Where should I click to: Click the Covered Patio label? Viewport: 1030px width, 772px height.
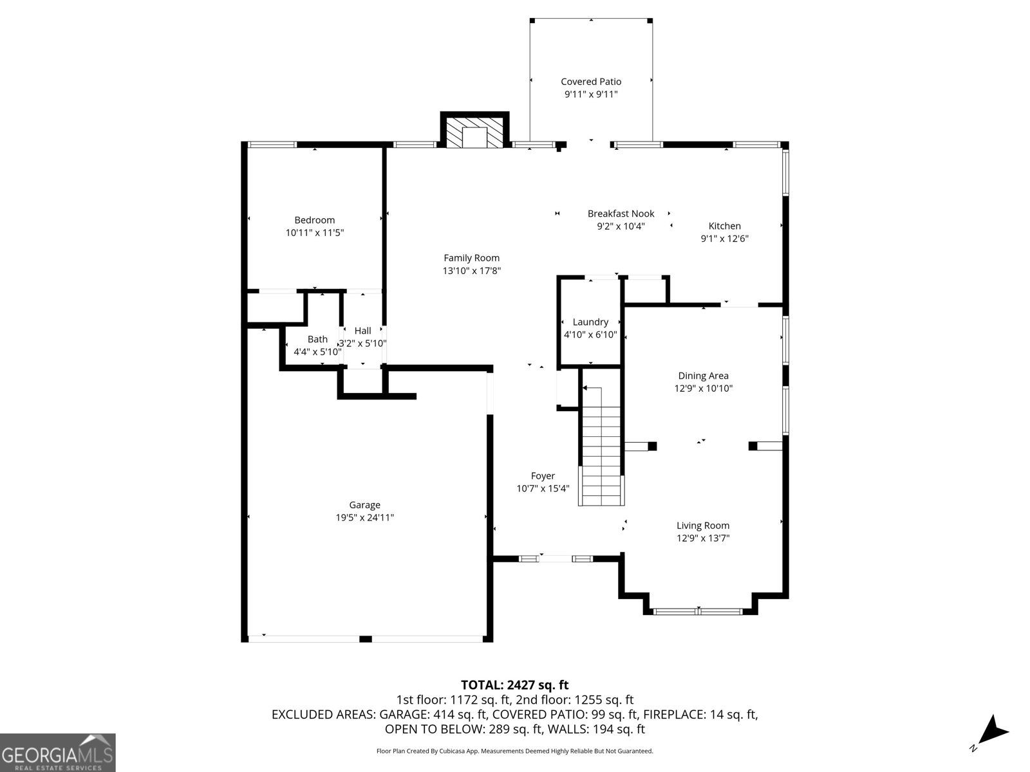[591, 82]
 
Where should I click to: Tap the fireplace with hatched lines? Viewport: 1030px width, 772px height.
[475, 131]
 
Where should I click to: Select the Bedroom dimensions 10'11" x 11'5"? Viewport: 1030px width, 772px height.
[315, 233]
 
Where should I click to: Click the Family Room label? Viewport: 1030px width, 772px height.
[471, 258]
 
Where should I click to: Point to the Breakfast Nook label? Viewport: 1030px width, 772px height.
[621, 214]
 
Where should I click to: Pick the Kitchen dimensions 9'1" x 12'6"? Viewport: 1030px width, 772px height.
[724, 239]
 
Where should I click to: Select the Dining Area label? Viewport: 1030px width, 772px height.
[703, 376]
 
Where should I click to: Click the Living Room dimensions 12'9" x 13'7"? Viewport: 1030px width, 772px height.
[703, 538]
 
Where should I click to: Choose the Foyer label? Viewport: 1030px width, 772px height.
[543, 476]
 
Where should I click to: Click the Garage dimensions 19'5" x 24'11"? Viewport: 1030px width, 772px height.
[364, 517]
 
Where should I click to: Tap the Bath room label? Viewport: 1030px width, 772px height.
[317, 339]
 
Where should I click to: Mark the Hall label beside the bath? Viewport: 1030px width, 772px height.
[362, 331]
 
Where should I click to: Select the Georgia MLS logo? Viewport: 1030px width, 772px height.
[58, 753]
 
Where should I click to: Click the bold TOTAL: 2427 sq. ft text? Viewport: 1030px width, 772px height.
[514, 685]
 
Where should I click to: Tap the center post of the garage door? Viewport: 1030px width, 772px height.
[365, 639]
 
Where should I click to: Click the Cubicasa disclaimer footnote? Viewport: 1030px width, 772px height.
[514, 751]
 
